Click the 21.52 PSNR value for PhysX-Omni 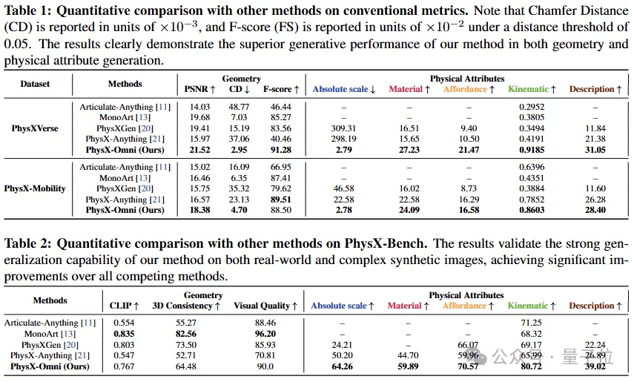coord(199,150)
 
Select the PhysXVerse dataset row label coord(35,128)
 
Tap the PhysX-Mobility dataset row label coord(35,188)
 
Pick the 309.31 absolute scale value coord(343,128)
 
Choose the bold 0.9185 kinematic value coord(532,150)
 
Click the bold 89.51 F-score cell coord(281,200)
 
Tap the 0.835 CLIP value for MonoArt coord(124,334)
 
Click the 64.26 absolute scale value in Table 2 coord(342,366)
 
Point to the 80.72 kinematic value coord(531,366)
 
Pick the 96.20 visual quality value coord(265,334)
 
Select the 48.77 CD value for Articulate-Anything coord(239,107)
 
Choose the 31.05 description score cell coord(595,150)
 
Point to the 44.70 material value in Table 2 coord(408,355)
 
